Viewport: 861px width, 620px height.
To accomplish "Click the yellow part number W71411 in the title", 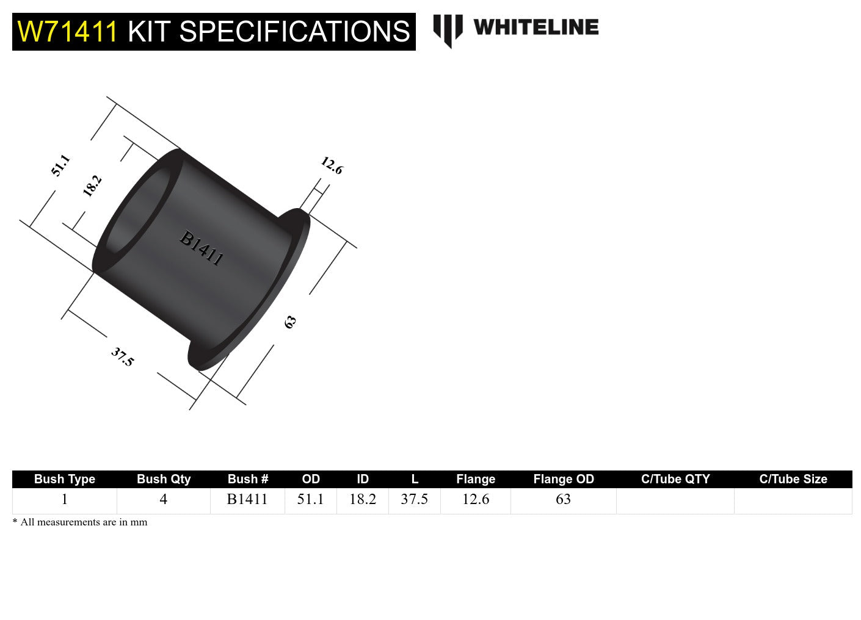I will click(x=67, y=32).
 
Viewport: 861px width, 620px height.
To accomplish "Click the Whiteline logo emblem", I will click(x=448, y=29).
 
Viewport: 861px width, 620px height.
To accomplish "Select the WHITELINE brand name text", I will click(x=536, y=27).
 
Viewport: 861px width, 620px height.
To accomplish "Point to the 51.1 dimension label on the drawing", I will click(x=60, y=166).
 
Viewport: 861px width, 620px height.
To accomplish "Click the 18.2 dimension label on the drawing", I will click(x=92, y=186).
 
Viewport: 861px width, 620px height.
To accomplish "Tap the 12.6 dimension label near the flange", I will click(x=332, y=165).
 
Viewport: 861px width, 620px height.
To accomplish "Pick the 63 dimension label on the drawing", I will click(x=290, y=322).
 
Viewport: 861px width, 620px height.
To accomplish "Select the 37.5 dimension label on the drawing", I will click(x=122, y=357).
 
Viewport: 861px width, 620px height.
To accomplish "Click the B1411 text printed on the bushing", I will click(x=202, y=248).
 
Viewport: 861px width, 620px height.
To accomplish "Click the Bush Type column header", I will click(x=65, y=479).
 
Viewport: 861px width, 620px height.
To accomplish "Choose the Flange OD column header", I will click(x=563, y=479).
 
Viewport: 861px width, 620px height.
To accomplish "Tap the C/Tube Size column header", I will click(x=793, y=479).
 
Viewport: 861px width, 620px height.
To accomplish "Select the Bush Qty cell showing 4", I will click(x=163, y=500).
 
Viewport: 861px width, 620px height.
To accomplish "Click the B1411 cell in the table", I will click(x=247, y=500).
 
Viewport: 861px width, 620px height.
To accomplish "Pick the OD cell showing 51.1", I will click(x=310, y=500).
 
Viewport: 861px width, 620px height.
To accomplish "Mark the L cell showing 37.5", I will click(x=414, y=500).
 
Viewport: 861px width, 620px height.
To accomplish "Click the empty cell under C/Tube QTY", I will click(x=675, y=500).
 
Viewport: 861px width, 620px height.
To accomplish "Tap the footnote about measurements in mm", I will click(x=80, y=522).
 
